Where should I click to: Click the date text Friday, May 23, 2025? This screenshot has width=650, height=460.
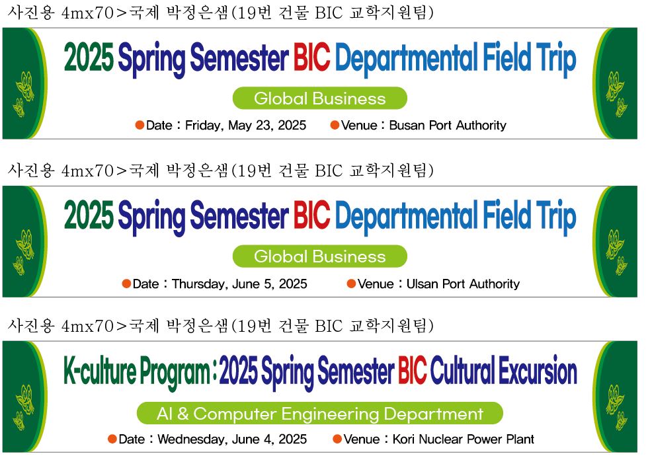(x=245, y=126)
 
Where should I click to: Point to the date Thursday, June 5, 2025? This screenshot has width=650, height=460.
(x=239, y=284)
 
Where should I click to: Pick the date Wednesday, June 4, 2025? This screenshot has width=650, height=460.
(x=232, y=440)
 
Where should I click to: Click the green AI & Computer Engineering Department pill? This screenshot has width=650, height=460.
(x=319, y=414)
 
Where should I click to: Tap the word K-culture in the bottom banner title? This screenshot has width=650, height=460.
(x=99, y=371)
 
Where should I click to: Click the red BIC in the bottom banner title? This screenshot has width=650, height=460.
(x=412, y=371)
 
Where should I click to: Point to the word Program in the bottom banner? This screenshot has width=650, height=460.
(x=175, y=372)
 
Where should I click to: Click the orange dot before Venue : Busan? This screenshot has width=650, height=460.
(x=335, y=125)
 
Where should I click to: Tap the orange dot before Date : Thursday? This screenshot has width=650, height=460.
(x=126, y=284)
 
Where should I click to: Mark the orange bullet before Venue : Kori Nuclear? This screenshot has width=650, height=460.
(x=337, y=440)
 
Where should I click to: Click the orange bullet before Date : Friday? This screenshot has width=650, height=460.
(x=140, y=125)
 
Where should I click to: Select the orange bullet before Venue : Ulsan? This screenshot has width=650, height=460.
(x=351, y=284)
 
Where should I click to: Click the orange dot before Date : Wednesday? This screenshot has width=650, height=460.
(x=112, y=440)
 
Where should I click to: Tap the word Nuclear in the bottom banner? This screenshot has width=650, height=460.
(x=441, y=440)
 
